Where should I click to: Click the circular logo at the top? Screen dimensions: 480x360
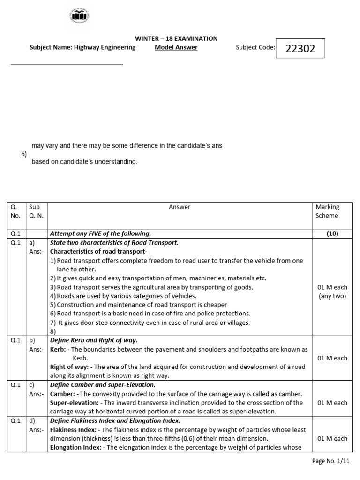(79, 17)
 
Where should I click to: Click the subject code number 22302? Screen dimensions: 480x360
(300, 48)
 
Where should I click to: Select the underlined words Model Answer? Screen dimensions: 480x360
(176, 47)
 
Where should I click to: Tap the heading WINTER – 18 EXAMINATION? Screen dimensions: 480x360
(176, 38)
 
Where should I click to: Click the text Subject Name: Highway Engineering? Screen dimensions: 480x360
(82, 47)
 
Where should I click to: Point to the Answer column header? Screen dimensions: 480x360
(180, 207)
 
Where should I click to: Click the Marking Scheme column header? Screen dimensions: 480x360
(327, 211)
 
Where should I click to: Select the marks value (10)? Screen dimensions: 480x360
(332, 233)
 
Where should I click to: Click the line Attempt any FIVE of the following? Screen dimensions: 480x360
(100, 233)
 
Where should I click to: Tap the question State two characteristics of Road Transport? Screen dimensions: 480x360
(114, 242)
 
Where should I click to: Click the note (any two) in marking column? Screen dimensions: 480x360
(332, 296)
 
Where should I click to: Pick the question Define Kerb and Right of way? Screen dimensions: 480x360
(94, 340)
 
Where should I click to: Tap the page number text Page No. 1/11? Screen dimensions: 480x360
(331, 461)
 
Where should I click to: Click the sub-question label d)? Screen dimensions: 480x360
(32, 420)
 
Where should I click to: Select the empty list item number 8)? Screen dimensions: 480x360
(53, 331)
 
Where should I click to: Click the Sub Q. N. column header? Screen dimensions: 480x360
(36, 211)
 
